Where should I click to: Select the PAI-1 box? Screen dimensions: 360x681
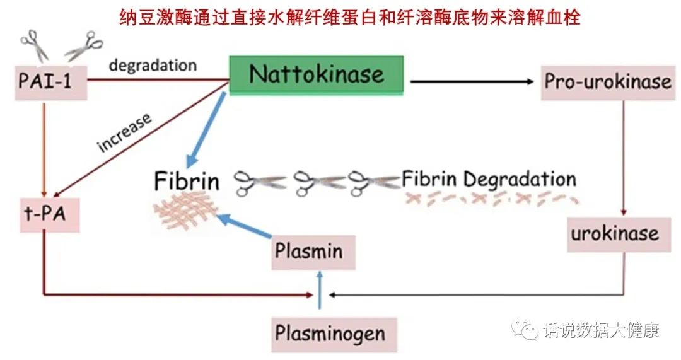click(45, 81)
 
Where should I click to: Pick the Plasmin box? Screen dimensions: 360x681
click(309, 252)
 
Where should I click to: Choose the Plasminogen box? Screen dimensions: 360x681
click(330, 332)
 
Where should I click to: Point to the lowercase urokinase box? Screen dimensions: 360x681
click(615, 234)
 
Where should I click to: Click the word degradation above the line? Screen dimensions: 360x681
click(153, 65)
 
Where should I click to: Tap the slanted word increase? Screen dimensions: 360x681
click(125, 132)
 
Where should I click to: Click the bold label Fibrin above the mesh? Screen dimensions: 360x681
click(187, 182)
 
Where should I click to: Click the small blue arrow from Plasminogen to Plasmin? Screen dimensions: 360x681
click(320, 291)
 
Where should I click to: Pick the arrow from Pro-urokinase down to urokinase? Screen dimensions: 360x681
click(623, 158)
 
